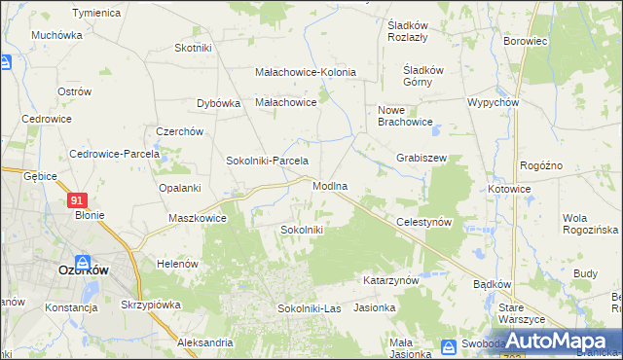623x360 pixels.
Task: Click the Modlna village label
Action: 331,185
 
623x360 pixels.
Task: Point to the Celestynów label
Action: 425,222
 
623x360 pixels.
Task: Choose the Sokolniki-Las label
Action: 300,308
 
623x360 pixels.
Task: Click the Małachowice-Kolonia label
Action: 306,73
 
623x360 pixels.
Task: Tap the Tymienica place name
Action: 96,13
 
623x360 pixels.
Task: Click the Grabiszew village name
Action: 421,157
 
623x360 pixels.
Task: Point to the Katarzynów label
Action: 390,280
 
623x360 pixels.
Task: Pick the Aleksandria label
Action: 205,342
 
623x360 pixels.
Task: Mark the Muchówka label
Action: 55,35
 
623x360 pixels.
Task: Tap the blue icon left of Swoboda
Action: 448,345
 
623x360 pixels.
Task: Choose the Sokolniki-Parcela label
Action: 267,161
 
